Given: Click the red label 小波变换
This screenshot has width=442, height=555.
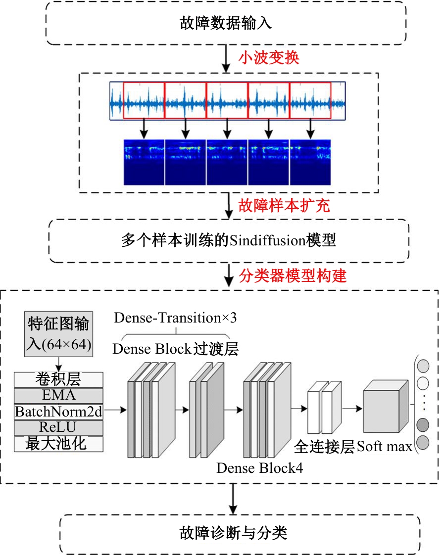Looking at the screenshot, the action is tap(269, 57).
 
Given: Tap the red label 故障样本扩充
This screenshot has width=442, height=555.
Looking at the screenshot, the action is tap(284, 205).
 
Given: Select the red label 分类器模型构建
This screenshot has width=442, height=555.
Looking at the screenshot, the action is tap(293, 276).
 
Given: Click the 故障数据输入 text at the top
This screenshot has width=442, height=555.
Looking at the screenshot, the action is tap(226, 23).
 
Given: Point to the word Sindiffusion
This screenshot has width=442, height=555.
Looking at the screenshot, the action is tap(267, 241).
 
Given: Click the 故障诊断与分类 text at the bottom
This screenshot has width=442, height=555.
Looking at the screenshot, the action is tap(233, 533).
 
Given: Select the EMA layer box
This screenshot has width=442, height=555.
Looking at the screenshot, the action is tap(58, 395).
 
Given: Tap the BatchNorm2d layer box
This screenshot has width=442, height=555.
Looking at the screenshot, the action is tap(58, 412).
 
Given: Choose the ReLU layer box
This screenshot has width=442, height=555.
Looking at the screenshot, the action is tap(58, 427).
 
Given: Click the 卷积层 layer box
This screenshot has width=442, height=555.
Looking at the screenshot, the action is tap(58, 379).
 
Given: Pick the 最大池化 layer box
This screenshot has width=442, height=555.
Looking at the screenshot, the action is tap(58, 444).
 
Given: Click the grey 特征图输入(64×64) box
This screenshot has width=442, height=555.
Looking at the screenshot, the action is tap(59, 334).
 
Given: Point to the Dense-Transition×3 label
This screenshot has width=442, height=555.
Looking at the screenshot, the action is tap(175, 318).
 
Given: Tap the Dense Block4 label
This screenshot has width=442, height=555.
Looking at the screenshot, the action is tap(259, 468).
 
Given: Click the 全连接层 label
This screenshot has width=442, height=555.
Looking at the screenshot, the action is tap(324, 447).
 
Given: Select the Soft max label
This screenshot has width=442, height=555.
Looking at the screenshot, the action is tap(385, 447).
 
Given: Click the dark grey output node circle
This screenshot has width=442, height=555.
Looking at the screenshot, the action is tap(423, 425).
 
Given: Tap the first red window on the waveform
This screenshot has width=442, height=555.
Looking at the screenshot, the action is tap(144, 100).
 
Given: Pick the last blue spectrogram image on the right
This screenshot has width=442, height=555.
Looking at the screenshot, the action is tap(310, 162).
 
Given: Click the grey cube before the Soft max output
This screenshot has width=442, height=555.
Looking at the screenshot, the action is tap(386, 406).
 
